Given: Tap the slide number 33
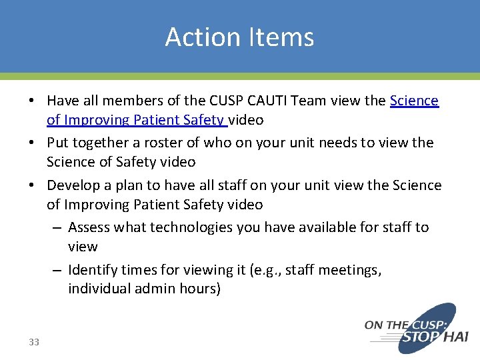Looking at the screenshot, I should pyautogui.click(x=34, y=342).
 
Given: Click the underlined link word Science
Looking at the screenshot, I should pyautogui.click(x=414, y=101).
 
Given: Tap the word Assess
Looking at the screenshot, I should pyautogui.click(x=89, y=227).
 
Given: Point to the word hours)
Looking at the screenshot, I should pyautogui.click(x=198, y=289).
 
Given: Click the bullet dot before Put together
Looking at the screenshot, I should pyautogui.click(x=32, y=143).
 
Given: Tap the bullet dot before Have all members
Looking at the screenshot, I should pyautogui.click(x=32, y=101).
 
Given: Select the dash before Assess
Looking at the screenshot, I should pyautogui.click(x=57, y=227).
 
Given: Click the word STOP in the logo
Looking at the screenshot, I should pyautogui.click(x=421, y=338).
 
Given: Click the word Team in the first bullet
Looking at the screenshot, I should pyautogui.click(x=312, y=101).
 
